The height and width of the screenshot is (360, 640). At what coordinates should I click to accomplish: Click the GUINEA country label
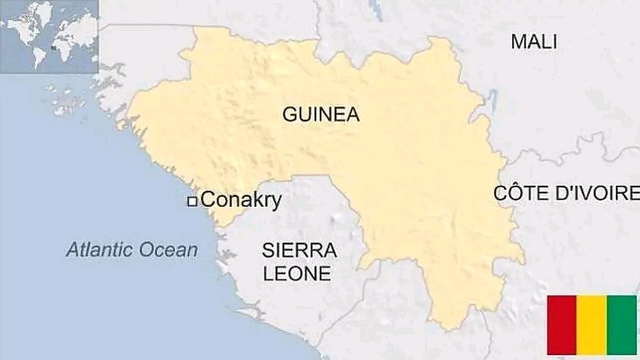pyautogui.click(x=321, y=115)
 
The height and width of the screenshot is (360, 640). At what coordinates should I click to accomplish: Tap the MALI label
pyautogui.click(x=534, y=42)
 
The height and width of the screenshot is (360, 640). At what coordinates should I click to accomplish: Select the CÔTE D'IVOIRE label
pyautogui.click(x=566, y=193)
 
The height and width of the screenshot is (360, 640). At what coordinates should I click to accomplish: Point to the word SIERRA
pyautogui.click(x=299, y=250)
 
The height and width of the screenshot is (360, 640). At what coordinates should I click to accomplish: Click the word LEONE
pyautogui.click(x=297, y=273)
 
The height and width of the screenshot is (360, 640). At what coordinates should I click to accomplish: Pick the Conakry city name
pyautogui.click(x=241, y=200)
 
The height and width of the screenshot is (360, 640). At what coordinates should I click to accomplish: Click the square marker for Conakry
pyautogui.click(x=192, y=201)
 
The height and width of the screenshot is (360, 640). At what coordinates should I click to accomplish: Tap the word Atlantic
pyautogui.click(x=104, y=250)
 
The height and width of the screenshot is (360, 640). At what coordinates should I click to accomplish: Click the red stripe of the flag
pyautogui.click(x=561, y=325)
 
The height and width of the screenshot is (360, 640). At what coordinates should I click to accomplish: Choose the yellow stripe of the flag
pyautogui.click(x=591, y=325)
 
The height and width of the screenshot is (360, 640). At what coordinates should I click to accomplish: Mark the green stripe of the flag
pyautogui.click(x=621, y=325)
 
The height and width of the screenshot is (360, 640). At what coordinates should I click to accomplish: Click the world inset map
pyautogui.click(x=49, y=36)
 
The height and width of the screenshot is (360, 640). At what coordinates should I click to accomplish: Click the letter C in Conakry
pyautogui.click(x=208, y=200)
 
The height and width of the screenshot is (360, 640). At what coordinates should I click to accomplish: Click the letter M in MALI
pyautogui.click(x=518, y=42)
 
